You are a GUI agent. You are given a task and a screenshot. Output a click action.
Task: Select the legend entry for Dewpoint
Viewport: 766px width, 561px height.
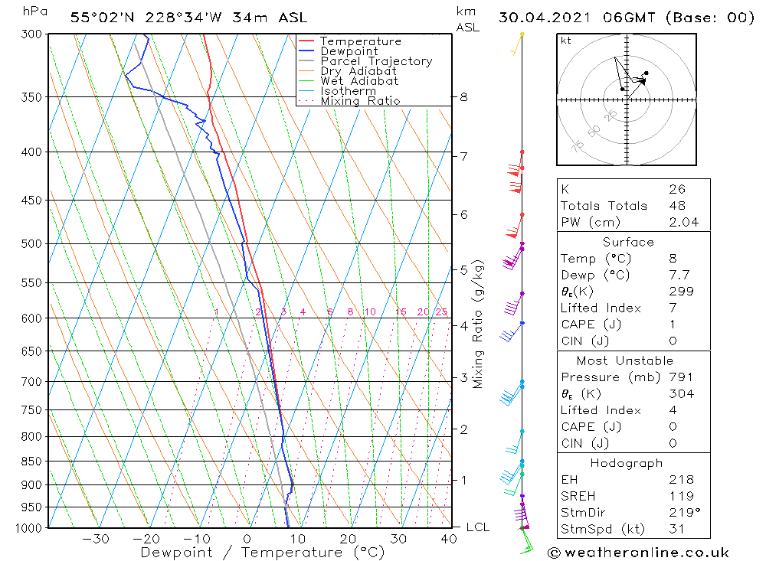349,51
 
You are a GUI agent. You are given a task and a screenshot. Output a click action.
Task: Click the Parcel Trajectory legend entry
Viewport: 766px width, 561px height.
375,61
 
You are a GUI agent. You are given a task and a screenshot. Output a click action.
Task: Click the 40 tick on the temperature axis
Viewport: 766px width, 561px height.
449,539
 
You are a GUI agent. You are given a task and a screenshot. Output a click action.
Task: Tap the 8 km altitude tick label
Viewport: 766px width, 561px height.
463,97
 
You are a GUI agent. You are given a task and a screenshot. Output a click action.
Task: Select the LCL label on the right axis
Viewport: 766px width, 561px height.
477,527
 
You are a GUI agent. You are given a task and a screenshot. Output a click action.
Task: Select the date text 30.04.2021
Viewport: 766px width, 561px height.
538,18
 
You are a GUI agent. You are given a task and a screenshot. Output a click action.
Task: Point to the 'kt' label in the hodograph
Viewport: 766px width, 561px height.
566,41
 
